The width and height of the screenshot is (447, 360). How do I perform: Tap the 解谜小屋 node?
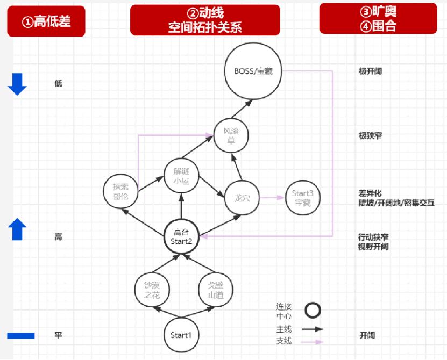181,175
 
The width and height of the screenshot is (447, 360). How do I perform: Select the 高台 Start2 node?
181,236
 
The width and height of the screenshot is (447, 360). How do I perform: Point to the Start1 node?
181,335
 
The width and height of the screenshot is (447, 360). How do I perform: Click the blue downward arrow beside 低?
17,84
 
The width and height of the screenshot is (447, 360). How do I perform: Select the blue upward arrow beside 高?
17,229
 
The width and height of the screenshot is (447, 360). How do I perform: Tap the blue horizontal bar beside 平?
21,336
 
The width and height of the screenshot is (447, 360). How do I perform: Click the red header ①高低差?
46,21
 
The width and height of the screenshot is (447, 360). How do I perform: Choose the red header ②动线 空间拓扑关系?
205,20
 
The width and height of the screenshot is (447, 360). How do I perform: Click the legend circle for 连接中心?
313,310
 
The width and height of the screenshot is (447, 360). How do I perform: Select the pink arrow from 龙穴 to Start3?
271,198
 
